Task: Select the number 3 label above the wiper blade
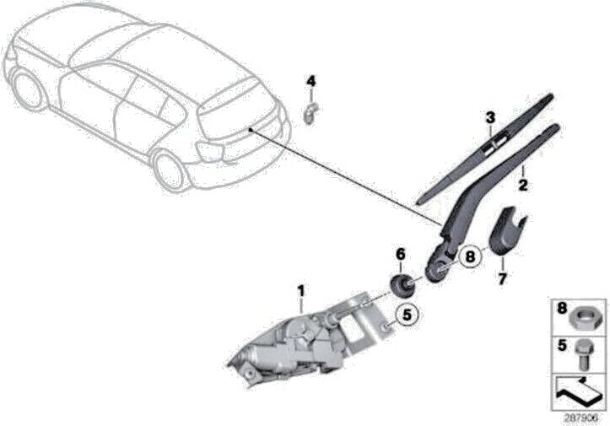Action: [489, 117]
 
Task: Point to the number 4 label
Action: [310, 82]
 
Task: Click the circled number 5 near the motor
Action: [407, 315]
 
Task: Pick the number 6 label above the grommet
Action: [401, 254]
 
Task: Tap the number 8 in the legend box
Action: [560, 310]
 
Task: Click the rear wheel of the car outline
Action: [169, 169]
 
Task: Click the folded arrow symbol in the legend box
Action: [580, 389]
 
